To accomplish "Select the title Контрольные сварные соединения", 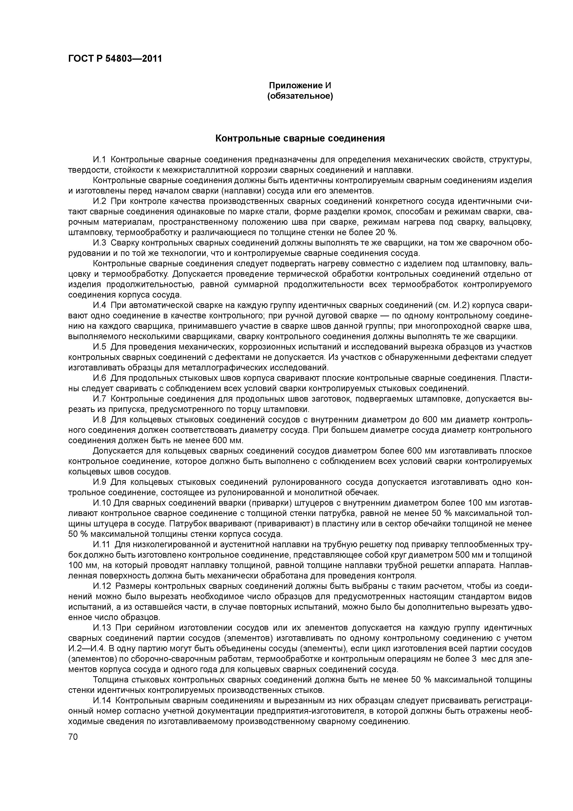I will [300, 138].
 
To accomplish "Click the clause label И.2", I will [100, 201].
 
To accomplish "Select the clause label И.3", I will [100, 243].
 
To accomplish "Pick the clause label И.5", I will [100, 347].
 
